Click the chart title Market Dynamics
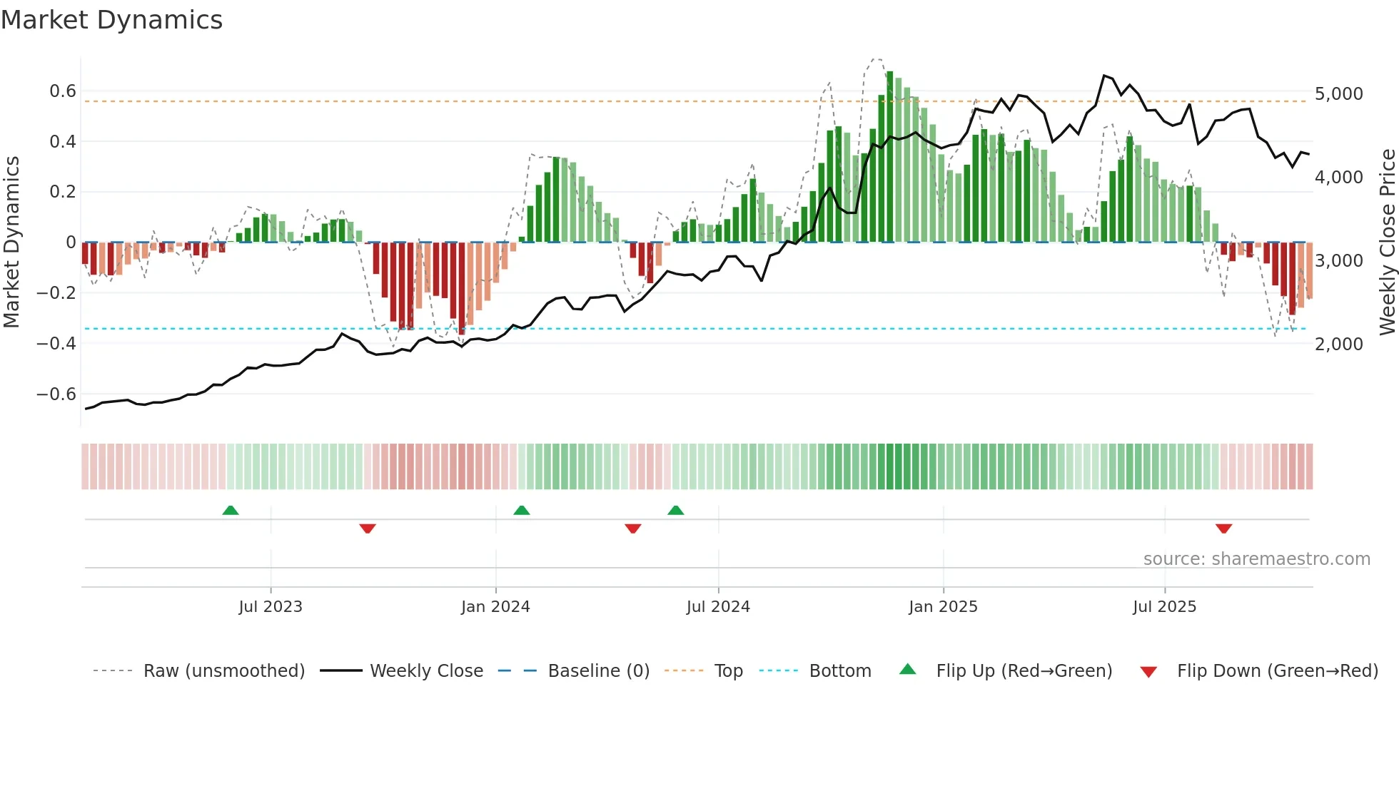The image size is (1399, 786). click(x=111, y=20)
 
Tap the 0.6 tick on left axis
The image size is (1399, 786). click(x=62, y=91)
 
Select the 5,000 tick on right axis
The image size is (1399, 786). click(x=1338, y=94)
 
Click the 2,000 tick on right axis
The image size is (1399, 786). click(x=1338, y=344)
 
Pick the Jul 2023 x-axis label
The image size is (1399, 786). click(x=271, y=607)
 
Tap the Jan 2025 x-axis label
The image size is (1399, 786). click(x=943, y=607)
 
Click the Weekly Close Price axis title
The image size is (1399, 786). click(x=1387, y=242)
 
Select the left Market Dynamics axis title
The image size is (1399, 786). click(x=11, y=242)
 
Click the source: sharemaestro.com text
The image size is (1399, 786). click(x=1256, y=559)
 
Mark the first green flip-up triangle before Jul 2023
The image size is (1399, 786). click(x=231, y=511)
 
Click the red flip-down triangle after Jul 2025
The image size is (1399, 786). click(x=1223, y=529)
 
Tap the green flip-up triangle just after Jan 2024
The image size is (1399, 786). click(x=522, y=511)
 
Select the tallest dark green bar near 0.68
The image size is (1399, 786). click(x=889, y=157)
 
